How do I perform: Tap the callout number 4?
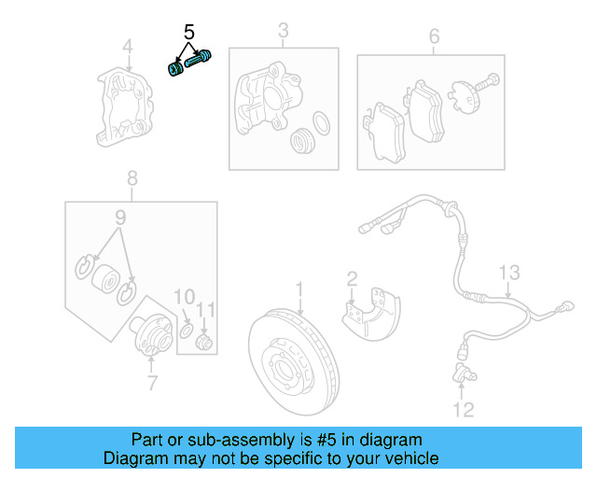click(128, 46)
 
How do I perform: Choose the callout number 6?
click(434, 36)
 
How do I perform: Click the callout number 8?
click(132, 177)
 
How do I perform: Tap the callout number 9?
click(118, 218)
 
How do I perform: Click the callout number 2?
click(352, 277)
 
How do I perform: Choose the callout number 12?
click(464, 409)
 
